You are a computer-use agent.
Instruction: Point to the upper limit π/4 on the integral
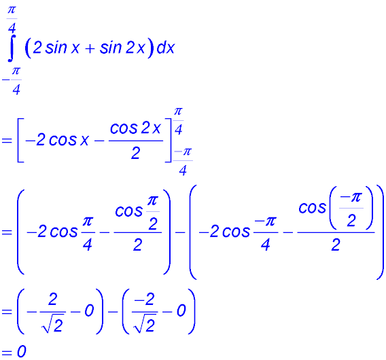[12, 19]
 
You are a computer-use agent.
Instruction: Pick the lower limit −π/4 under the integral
[12, 80]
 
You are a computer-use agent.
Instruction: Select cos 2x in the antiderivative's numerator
[136, 129]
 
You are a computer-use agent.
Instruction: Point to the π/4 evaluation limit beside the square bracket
[179, 119]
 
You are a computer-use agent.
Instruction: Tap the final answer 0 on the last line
[22, 352]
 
